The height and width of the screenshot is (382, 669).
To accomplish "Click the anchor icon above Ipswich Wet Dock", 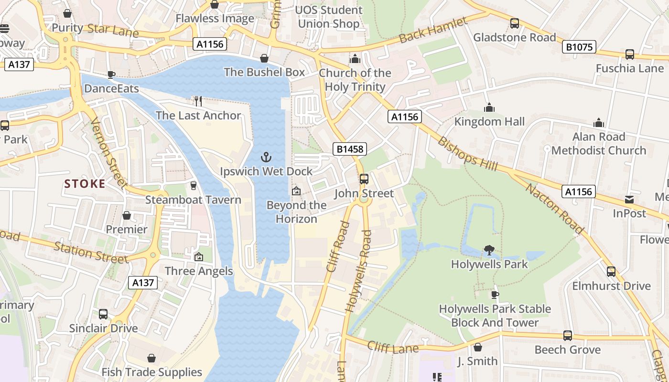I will point(266,157).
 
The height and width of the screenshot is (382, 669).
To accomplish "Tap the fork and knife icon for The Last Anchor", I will point(198,101).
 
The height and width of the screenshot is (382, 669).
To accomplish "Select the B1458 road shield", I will point(350,149).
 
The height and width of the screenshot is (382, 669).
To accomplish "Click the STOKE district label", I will point(85,184).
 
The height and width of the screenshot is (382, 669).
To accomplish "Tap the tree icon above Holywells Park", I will point(489,250).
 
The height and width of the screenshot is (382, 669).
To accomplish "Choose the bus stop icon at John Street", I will point(364,179).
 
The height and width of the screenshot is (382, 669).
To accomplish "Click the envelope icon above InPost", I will point(629,200).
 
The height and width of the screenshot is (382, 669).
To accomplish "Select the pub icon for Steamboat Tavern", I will point(194,185).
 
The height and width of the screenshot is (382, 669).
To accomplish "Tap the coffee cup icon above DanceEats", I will point(111,74).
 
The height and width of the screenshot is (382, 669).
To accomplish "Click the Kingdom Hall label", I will point(489,122).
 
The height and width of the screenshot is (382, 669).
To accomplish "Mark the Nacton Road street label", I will point(554,208).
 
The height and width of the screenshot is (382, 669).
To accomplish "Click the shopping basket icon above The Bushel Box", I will point(264,58).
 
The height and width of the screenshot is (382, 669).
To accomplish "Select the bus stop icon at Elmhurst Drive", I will point(611,272).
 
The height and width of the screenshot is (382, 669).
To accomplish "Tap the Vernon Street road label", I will point(109,153).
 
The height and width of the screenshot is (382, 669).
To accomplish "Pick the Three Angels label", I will point(199,271).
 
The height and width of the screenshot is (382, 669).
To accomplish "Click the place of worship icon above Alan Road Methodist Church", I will point(599,123).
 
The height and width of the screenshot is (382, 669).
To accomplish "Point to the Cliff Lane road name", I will point(393,348).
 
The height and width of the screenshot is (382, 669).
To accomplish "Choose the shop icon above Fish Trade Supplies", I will point(151,358).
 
